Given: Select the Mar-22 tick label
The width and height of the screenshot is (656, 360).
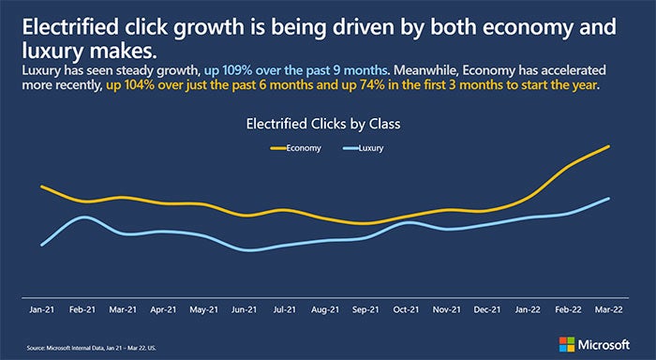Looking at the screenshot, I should (x=611, y=307).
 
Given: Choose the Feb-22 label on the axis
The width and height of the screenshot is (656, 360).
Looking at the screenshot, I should (x=571, y=307).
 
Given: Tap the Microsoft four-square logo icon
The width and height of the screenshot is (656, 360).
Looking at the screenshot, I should (x=568, y=343).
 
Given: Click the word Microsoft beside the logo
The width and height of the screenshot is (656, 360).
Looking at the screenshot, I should (x=613, y=343).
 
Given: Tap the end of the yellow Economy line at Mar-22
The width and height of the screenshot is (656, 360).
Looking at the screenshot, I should (x=609, y=146).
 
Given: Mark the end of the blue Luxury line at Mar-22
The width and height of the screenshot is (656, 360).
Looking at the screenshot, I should (x=609, y=199).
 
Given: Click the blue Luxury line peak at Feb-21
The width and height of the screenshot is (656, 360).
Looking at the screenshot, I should (x=82, y=217).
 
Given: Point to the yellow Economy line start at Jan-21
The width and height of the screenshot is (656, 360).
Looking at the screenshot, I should (x=42, y=187).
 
